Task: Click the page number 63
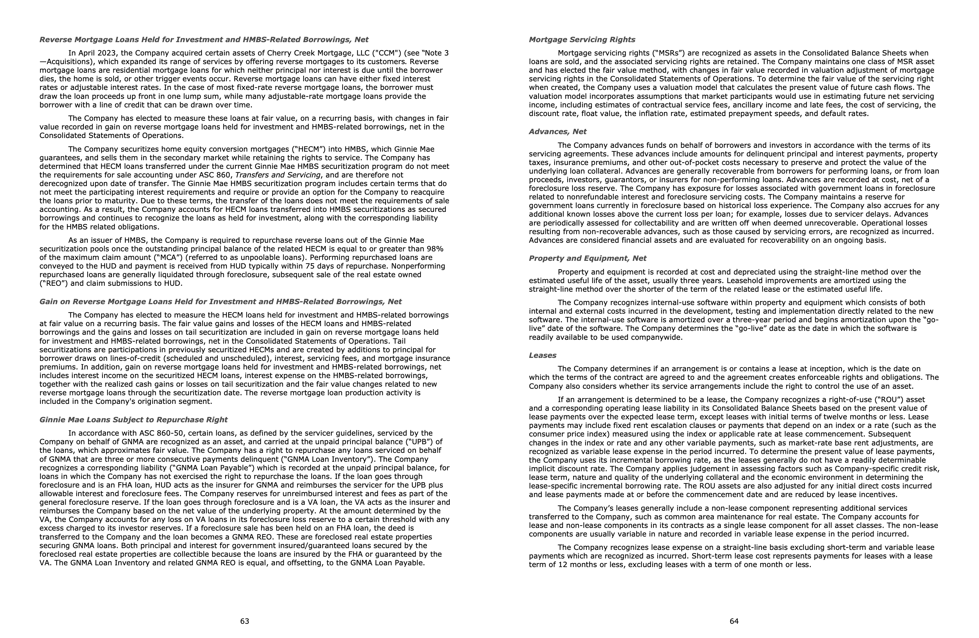pyautogui.click(x=245, y=621)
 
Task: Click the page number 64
pyautogui.click(x=734, y=621)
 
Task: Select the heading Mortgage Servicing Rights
pyautogui.click(x=582, y=39)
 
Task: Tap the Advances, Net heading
pyautogui.click(x=557, y=132)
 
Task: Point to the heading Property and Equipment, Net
pyautogui.click(x=587, y=258)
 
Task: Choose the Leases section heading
pyautogui.click(x=543, y=355)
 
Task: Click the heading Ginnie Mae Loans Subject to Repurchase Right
pyautogui.click(x=133, y=420)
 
